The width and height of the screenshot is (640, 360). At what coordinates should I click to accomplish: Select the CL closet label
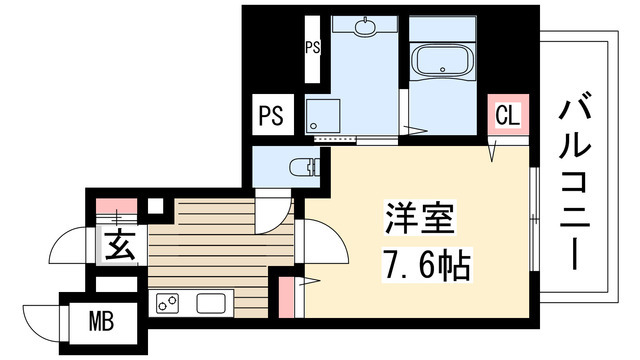pyautogui.click(x=507, y=116)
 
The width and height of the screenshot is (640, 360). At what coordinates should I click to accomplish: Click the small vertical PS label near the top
pyautogui.click(x=311, y=45)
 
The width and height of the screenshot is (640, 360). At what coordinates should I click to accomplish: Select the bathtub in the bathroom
pyautogui.click(x=444, y=64)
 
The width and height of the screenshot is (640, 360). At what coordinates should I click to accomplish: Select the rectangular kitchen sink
pyautogui.click(x=212, y=302)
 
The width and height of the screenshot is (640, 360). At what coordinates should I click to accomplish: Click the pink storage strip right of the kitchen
pyautogui.click(x=288, y=296)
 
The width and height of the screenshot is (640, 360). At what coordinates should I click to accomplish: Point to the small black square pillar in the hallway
pyautogui.click(x=154, y=208)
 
